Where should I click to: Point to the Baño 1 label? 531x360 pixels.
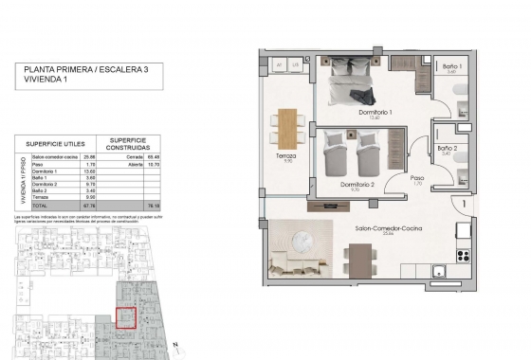[x=451, y=67]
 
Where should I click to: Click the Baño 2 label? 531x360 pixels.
[x=449, y=150]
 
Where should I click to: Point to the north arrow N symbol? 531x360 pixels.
[x=176, y=342]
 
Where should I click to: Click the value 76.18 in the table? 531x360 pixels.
[x=151, y=205]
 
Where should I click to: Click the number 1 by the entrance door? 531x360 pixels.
[x=463, y=201]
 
